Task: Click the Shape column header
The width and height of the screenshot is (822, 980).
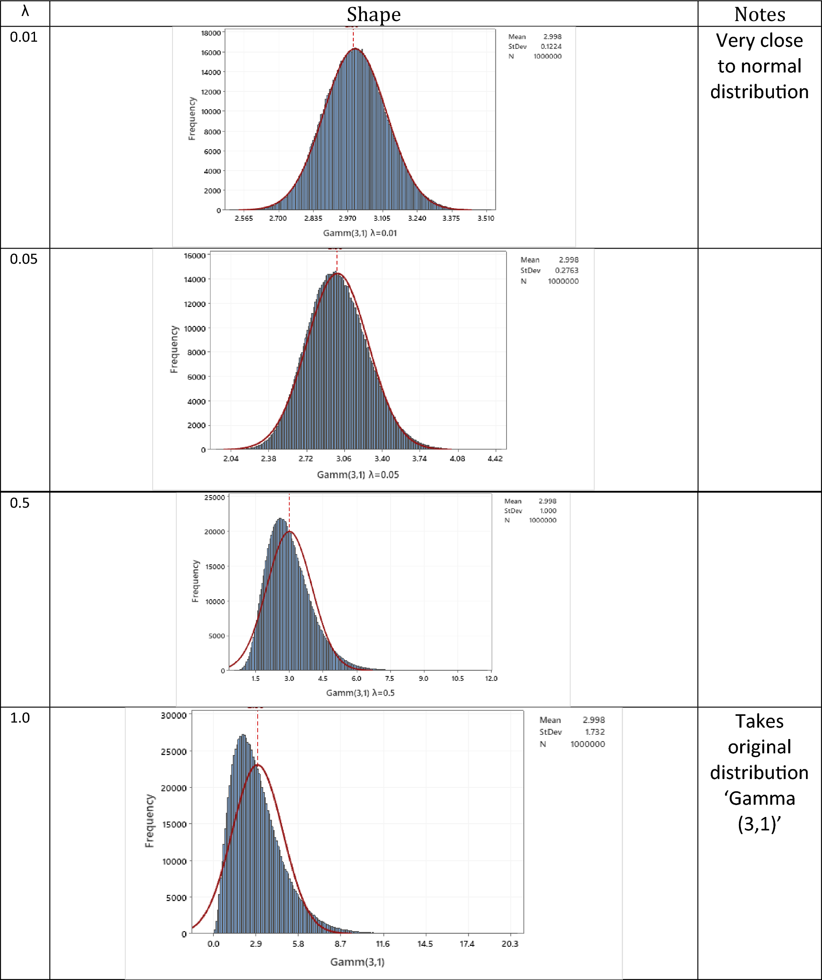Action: tap(374, 14)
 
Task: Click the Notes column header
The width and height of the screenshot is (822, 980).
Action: tap(760, 14)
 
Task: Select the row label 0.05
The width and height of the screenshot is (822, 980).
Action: tap(24, 259)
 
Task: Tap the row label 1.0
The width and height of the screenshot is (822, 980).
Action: tap(20, 718)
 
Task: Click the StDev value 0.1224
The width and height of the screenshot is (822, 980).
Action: tap(551, 47)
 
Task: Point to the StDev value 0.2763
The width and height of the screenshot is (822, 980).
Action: tap(566, 270)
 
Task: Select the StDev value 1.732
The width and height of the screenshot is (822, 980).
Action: tap(595, 732)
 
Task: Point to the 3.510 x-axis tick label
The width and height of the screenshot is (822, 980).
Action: tap(486, 218)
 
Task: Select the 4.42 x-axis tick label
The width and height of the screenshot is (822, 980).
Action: tap(495, 459)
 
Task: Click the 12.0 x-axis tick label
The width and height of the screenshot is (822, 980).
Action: tap(491, 678)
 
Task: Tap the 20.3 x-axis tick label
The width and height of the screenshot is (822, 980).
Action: tap(509, 944)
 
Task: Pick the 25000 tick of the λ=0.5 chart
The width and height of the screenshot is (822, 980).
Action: tap(214, 498)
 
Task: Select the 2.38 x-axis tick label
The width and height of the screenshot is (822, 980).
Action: tap(268, 459)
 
